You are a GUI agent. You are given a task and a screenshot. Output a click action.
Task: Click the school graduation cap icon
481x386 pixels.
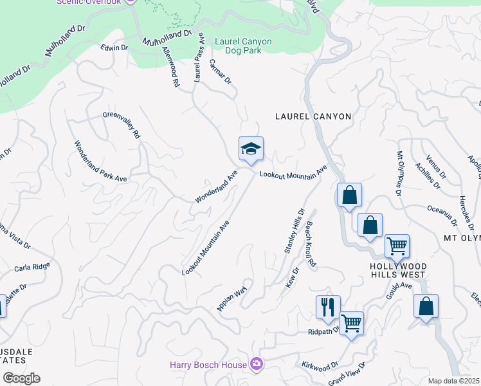251,149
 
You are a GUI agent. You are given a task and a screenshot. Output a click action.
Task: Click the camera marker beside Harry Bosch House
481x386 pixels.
257,365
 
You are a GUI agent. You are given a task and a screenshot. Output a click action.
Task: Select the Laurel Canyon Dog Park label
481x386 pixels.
243,46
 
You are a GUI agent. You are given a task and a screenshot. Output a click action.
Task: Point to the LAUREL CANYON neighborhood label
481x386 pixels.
313,116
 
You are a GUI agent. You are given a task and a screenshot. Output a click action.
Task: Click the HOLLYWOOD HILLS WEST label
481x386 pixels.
397,270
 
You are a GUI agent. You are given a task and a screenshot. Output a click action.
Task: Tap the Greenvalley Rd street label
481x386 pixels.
122,125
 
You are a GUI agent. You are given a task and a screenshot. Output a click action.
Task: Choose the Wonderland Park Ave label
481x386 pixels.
100,163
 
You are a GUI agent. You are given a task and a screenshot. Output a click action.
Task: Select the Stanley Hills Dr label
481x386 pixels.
294,230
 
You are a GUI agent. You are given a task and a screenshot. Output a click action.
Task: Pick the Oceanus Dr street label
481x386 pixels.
442,216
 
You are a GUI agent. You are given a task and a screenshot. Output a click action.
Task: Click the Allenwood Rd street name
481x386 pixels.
170,66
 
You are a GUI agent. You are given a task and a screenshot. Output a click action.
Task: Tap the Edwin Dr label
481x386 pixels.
115,48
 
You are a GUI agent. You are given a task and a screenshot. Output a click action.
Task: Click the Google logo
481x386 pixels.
21,378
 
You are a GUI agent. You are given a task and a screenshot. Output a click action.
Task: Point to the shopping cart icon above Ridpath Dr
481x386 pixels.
351,323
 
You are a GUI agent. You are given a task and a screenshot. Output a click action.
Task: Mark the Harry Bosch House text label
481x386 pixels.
208,365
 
